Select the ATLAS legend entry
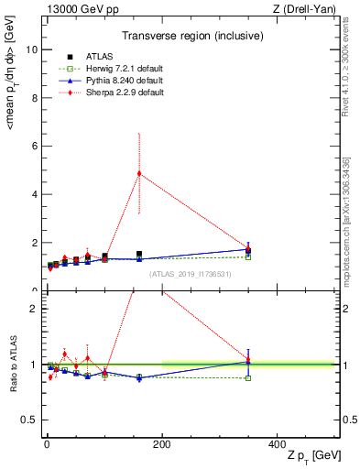[97, 56]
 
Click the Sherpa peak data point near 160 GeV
[139, 173]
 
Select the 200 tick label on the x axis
[162, 443]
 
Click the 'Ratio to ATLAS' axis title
[12, 365]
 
